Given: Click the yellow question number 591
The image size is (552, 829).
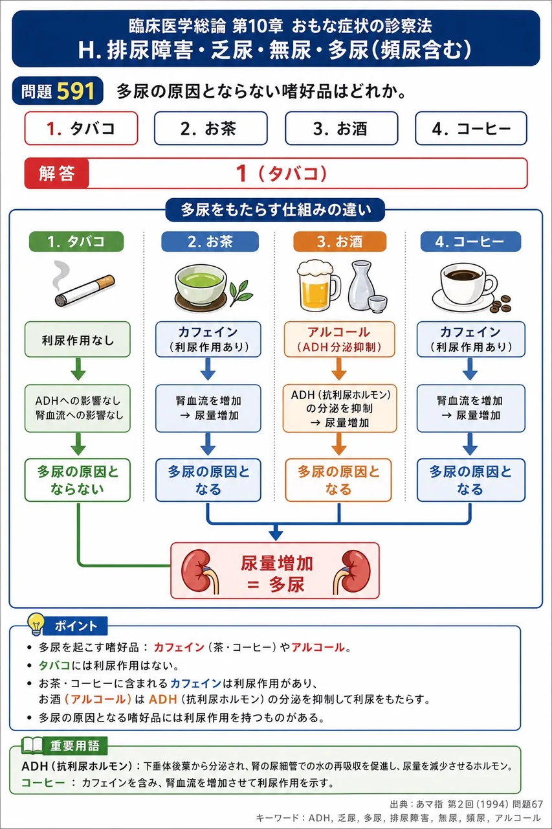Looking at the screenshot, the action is coord(76,91).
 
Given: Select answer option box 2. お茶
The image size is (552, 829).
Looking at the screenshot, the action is coord(211,128).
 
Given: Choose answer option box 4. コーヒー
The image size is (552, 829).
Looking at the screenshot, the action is coord(471,128).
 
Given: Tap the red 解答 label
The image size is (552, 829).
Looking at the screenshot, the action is coord(56,173).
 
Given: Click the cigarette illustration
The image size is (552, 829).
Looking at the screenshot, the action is coord(83,286).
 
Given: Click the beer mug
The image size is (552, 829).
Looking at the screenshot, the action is coord(318,285).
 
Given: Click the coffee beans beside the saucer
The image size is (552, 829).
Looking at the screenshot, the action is coord(501,304).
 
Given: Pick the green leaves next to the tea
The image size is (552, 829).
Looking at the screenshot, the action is coord(241,292).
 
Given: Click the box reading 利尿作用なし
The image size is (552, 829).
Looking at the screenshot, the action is coord(78,339).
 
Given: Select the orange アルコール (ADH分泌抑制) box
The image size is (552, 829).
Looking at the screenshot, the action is coord(339,339).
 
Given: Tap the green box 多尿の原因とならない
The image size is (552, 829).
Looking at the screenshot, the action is coord(78,480).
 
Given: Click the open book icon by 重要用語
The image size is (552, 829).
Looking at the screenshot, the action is coord(32,745).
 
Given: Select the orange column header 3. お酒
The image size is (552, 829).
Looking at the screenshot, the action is coord(340,242).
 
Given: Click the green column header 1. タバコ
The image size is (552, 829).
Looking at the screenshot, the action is coord(76,242).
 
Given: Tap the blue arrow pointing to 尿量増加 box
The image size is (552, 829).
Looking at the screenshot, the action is coord(276,532).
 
